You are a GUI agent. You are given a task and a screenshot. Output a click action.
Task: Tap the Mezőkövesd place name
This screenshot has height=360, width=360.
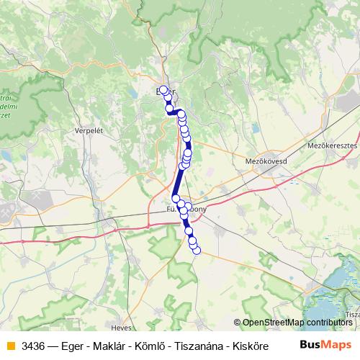pos(266,161)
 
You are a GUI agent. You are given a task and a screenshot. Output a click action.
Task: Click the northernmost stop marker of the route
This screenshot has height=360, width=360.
pos(163,90)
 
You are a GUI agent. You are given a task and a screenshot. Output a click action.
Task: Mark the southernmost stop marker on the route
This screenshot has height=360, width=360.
pos(196,250)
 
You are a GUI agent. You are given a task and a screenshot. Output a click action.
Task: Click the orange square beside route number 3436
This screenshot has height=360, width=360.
pos(10,344)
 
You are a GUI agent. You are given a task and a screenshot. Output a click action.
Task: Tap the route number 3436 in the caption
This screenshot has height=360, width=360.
pos(34,344)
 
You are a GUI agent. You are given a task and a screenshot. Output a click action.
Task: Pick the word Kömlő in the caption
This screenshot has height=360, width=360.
pos(148,344)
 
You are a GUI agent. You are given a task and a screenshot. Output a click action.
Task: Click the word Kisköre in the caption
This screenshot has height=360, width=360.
pos(243,344)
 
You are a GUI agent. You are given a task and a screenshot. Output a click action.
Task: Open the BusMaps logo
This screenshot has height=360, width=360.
pos(325,344)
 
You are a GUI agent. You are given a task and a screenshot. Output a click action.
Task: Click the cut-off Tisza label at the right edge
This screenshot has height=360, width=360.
pos(352,315)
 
